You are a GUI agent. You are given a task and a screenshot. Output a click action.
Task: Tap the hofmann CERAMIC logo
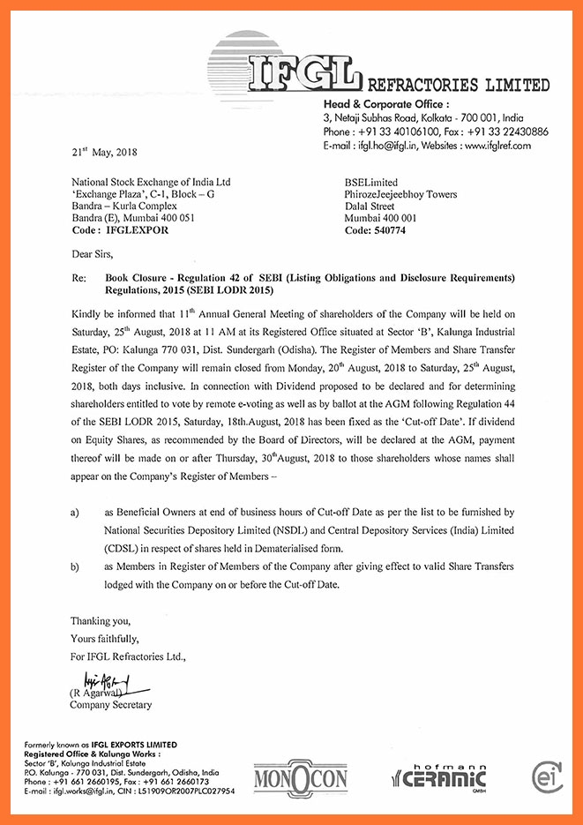point(439,776)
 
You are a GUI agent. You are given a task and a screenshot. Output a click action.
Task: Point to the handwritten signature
point(104,679)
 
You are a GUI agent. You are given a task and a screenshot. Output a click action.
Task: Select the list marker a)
point(76,512)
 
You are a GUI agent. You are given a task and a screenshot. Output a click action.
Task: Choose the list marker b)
point(76,569)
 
